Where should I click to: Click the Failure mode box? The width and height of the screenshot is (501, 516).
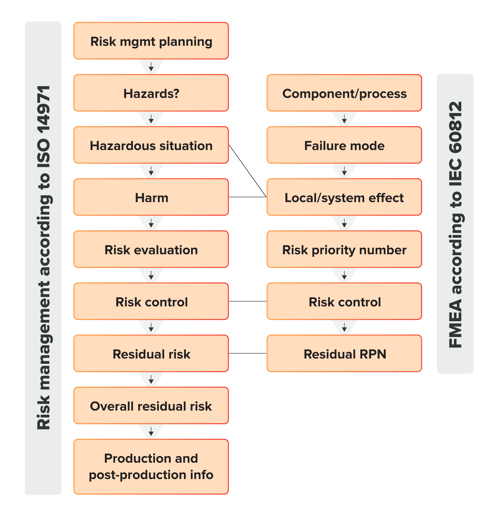[344, 145]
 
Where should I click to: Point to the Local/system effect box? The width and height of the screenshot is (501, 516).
[344, 197]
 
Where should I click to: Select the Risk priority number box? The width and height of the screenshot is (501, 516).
[344, 249]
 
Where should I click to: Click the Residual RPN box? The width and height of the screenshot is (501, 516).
[344, 353]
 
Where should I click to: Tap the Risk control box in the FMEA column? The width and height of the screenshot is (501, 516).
[344, 302]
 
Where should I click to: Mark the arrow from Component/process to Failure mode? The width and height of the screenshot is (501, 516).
[344, 119]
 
